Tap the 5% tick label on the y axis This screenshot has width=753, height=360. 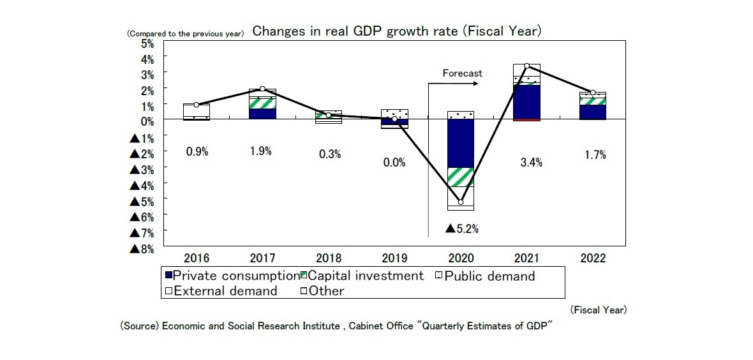pyautogui.click(x=147, y=44)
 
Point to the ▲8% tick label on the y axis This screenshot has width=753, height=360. pyautogui.click(x=143, y=249)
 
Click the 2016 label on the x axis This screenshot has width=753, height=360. pyautogui.click(x=197, y=259)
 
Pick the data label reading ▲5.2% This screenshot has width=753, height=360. pyautogui.click(x=462, y=228)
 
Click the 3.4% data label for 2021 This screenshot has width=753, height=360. pyautogui.click(x=531, y=162)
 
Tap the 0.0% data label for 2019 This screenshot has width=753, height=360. pyautogui.click(x=394, y=162)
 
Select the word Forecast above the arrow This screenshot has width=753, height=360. pyautogui.click(x=463, y=73)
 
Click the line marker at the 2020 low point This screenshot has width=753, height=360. pyautogui.click(x=461, y=202)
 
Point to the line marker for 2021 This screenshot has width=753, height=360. pyautogui.click(x=526, y=66)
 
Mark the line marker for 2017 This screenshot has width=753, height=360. pyautogui.click(x=263, y=89)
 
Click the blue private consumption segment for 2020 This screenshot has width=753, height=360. pyautogui.click(x=461, y=144)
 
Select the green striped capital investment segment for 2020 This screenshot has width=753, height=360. pyautogui.click(x=461, y=177)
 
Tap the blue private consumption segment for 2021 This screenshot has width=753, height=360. pyautogui.click(x=526, y=102)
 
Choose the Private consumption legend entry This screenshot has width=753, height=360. pyautogui.click(x=231, y=276)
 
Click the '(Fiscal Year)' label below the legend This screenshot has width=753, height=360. pyautogui.click(x=598, y=310)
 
